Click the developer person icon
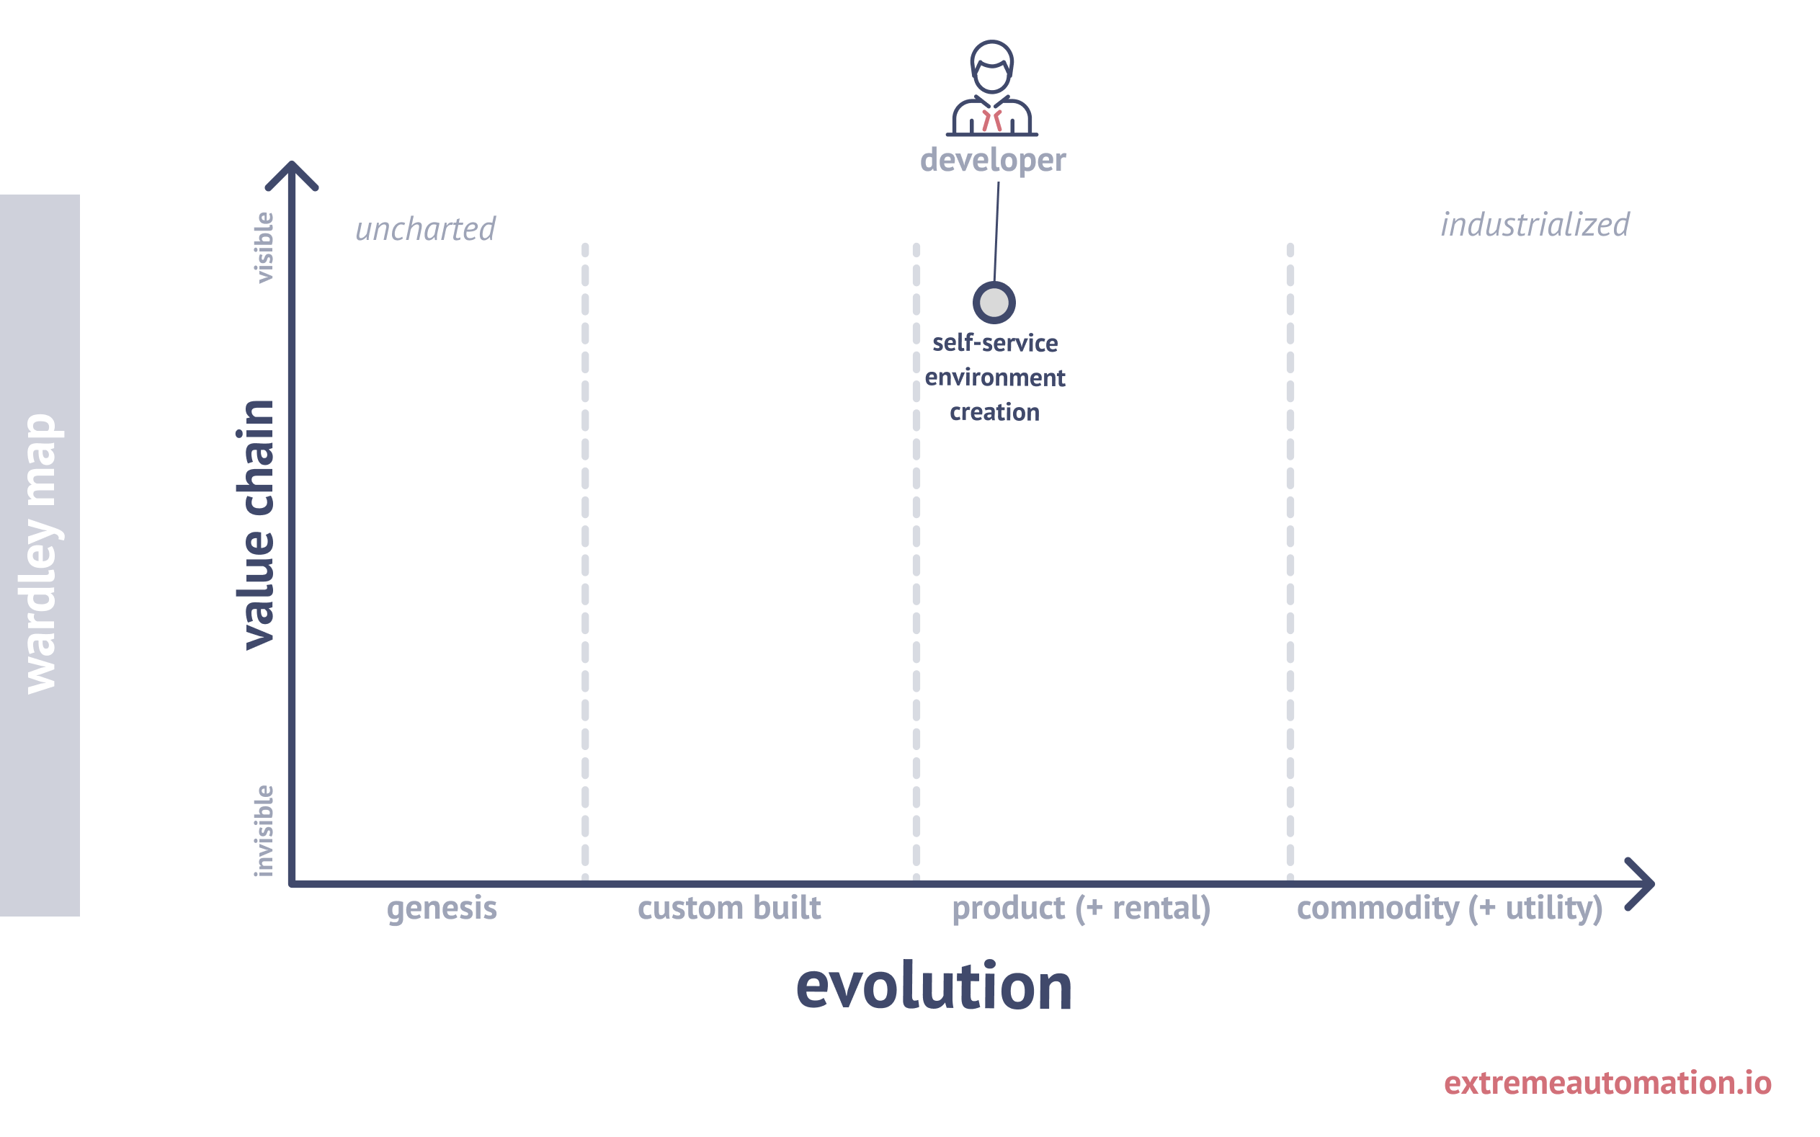[991, 88]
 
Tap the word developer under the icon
[992, 160]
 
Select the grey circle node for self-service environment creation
[994, 303]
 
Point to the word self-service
[994, 343]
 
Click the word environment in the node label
[994, 378]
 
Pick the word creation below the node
[994, 412]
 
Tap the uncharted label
[425, 228]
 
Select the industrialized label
[1535, 224]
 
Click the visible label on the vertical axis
[263, 247]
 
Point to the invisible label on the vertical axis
[263, 830]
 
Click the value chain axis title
[256, 525]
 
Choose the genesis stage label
[442, 909]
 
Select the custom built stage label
[729, 908]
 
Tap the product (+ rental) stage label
[1081, 909]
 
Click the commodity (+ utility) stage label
[1450, 909]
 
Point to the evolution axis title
[934, 986]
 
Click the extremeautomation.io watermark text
[1608, 1083]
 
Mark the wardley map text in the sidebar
[41, 554]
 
